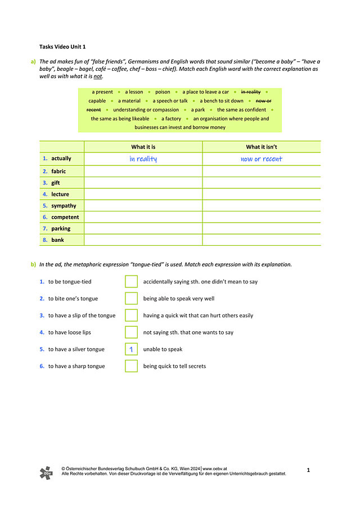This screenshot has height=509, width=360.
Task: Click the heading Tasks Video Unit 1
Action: [x=62, y=47]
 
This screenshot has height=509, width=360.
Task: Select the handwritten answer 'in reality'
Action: [x=143, y=159]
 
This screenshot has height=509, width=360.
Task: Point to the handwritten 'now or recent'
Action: [x=261, y=159]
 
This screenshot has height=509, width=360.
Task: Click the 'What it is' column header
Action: [x=143, y=147]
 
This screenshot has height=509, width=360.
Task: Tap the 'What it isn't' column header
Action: [x=261, y=147]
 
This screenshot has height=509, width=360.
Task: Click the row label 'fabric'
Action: [x=58, y=172]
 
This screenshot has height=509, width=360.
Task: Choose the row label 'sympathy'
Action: [x=64, y=206]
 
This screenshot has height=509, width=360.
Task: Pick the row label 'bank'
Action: [x=57, y=240]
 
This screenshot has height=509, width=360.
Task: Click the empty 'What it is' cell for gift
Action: [x=143, y=183]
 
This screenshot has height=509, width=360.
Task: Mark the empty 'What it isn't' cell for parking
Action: [x=261, y=228]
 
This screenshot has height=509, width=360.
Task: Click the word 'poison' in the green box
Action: [x=163, y=92]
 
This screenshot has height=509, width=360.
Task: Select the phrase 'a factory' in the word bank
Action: [x=171, y=119]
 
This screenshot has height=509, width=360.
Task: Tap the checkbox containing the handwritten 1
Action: [x=131, y=349]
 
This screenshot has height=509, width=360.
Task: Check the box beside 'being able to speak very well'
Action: [x=131, y=299]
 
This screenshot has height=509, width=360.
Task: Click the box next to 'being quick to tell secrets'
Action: [x=131, y=366]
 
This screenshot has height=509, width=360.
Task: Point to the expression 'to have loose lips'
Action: [x=69, y=332]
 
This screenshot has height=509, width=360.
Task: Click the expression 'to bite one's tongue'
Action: [x=73, y=299]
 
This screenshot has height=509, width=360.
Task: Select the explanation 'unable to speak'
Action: [x=163, y=349]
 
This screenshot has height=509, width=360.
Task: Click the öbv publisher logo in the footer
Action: [x=46, y=472]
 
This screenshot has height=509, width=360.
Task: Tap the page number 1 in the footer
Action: [x=308, y=469]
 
